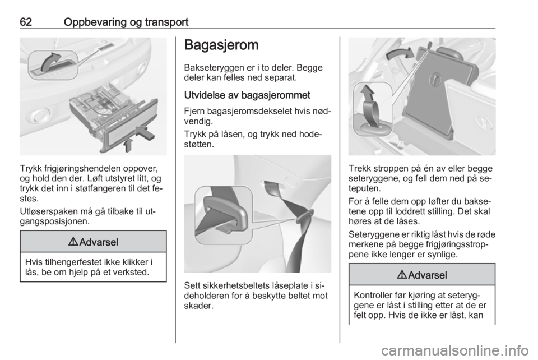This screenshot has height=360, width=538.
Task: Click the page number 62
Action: [26, 22]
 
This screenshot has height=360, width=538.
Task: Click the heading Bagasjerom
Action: [221, 45]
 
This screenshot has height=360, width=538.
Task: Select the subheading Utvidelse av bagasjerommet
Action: [247, 95]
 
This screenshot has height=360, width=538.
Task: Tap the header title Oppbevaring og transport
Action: [126, 22]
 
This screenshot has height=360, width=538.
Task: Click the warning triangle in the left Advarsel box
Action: [73, 242]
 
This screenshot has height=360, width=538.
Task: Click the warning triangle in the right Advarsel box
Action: [402, 275]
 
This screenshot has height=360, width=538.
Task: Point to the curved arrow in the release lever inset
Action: [50, 61]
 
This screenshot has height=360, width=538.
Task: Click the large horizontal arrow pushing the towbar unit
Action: [146, 133]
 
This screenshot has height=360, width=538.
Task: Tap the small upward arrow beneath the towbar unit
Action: [128, 145]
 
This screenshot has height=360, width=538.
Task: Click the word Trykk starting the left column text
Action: [31, 169]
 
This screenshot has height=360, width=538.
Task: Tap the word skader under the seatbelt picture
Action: [198, 306]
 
